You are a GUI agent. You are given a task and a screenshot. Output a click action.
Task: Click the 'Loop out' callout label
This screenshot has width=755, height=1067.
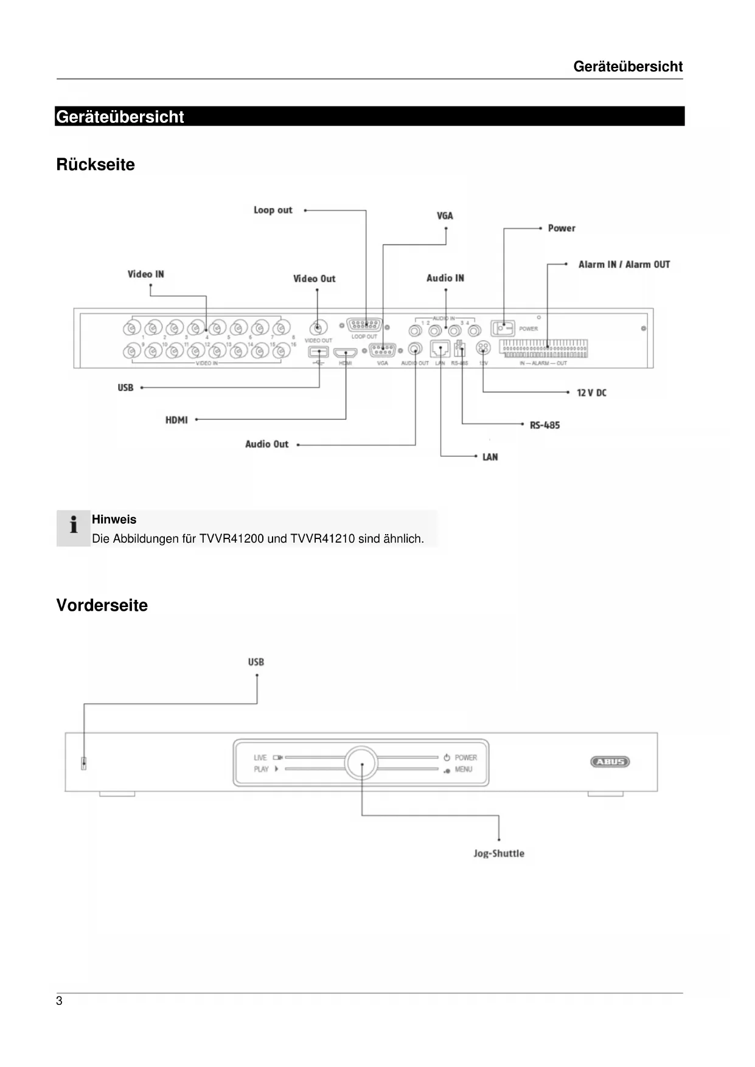[273, 210]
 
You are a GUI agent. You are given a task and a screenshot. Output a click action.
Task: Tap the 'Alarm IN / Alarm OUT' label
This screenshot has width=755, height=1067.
[624, 265]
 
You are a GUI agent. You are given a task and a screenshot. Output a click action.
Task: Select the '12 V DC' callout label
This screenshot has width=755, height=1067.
[591, 393]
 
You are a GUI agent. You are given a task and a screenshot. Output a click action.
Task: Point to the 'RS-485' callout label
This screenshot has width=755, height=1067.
[545, 425]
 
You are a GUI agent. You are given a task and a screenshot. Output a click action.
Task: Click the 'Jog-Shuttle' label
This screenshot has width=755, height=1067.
[499, 853]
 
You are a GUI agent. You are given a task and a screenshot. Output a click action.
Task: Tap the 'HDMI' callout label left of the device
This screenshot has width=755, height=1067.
[176, 420]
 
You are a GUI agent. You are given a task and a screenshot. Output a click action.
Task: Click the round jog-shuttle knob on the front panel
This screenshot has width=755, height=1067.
[361, 763]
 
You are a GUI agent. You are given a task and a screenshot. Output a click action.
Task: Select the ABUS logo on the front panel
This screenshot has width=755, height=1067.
[610, 762]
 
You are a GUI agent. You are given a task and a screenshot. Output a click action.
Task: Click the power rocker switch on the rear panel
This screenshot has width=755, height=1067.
[503, 328]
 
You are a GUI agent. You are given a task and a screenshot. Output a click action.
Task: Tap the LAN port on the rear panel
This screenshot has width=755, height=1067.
[440, 349]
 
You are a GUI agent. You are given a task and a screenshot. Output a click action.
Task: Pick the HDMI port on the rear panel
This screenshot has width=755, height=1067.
[346, 352]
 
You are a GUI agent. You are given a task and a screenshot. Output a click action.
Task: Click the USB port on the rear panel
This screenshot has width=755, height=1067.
[319, 352]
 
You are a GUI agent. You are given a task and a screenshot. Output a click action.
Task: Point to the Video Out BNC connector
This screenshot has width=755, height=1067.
[317, 327]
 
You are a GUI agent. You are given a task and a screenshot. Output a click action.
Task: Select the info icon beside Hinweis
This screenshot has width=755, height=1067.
[74, 525]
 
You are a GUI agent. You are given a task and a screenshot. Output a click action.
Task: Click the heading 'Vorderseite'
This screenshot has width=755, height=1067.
[102, 605]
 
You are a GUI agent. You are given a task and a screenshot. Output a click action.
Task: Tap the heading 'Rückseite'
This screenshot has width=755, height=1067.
[96, 164]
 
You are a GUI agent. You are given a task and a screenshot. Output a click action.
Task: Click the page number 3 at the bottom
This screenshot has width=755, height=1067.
[59, 1001]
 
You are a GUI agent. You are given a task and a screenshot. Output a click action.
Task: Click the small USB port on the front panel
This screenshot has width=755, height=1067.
[84, 763]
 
